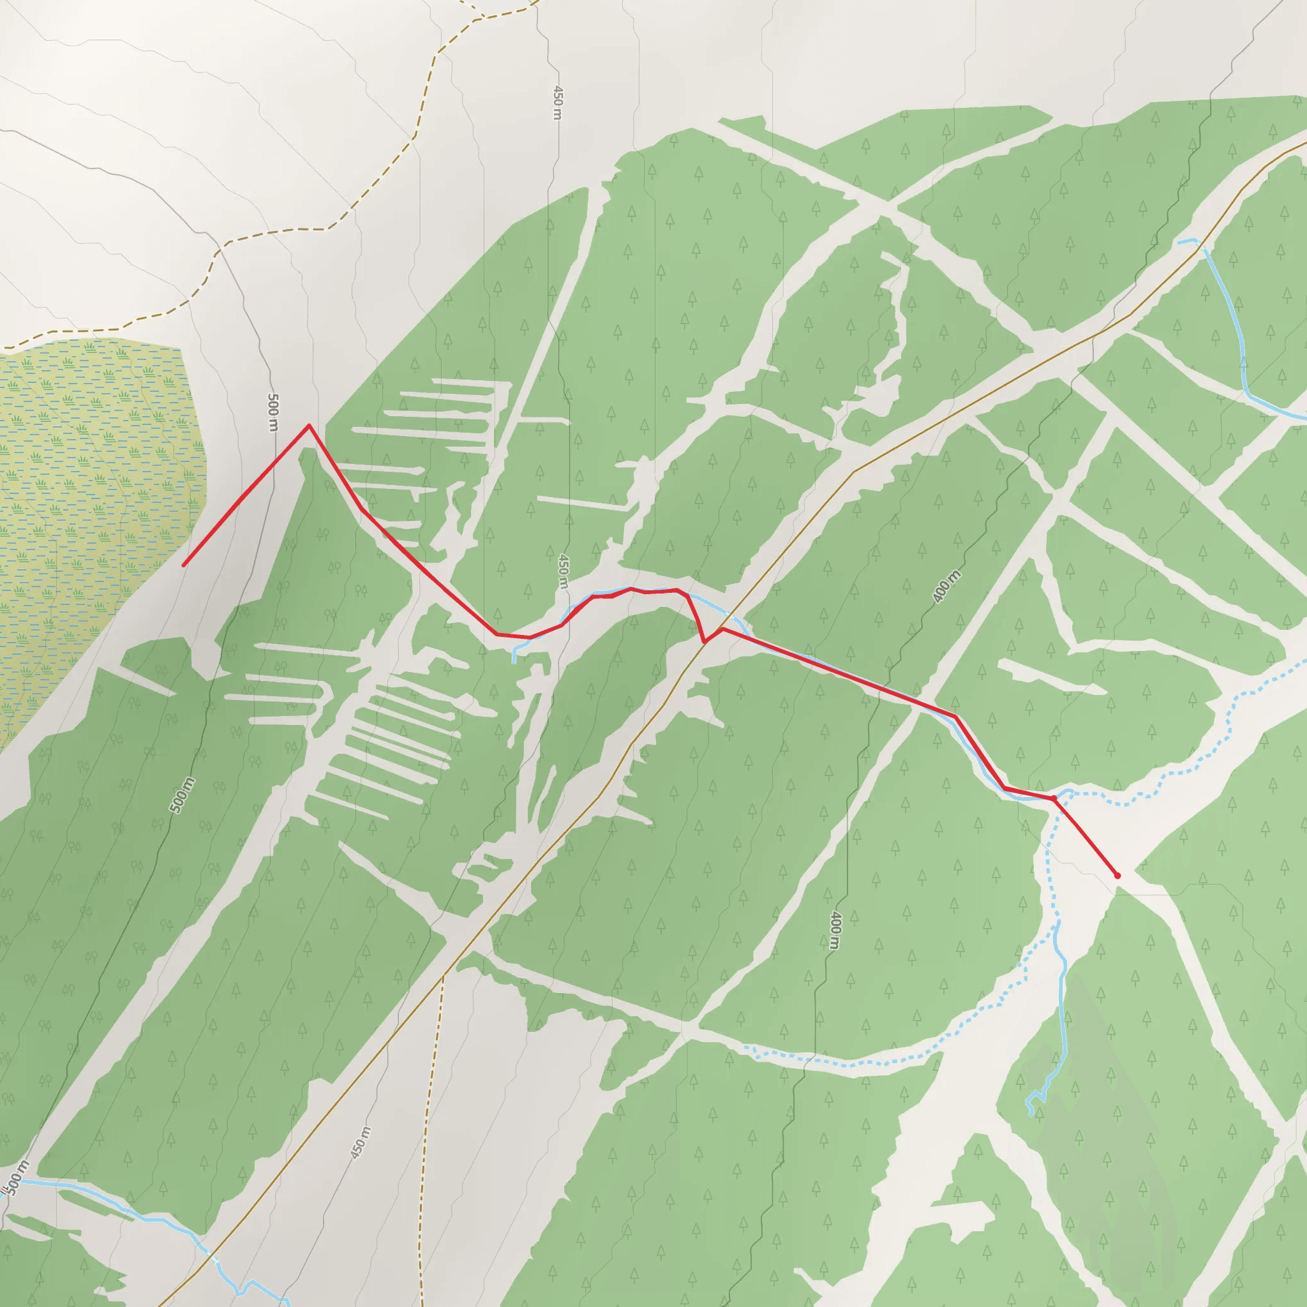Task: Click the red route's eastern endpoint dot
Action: [x=1117, y=876]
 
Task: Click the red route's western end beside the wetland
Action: [x=183, y=565]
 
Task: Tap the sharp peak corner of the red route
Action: [x=309, y=426]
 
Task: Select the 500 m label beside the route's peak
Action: [x=273, y=412]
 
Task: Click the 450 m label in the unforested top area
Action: [x=556, y=102]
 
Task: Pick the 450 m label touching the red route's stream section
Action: [x=563, y=572]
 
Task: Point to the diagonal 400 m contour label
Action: [x=946, y=586]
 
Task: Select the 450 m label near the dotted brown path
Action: [x=361, y=1142]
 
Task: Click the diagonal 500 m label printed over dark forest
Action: [x=182, y=795]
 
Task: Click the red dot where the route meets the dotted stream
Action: [x=1053, y=799]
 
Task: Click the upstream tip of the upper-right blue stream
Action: [x=1179, y=241]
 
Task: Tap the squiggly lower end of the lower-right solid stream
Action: [x=1030, y=1113]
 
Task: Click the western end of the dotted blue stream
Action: [x=746, y=1048]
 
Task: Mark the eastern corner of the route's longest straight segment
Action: [x=955, y=716]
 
